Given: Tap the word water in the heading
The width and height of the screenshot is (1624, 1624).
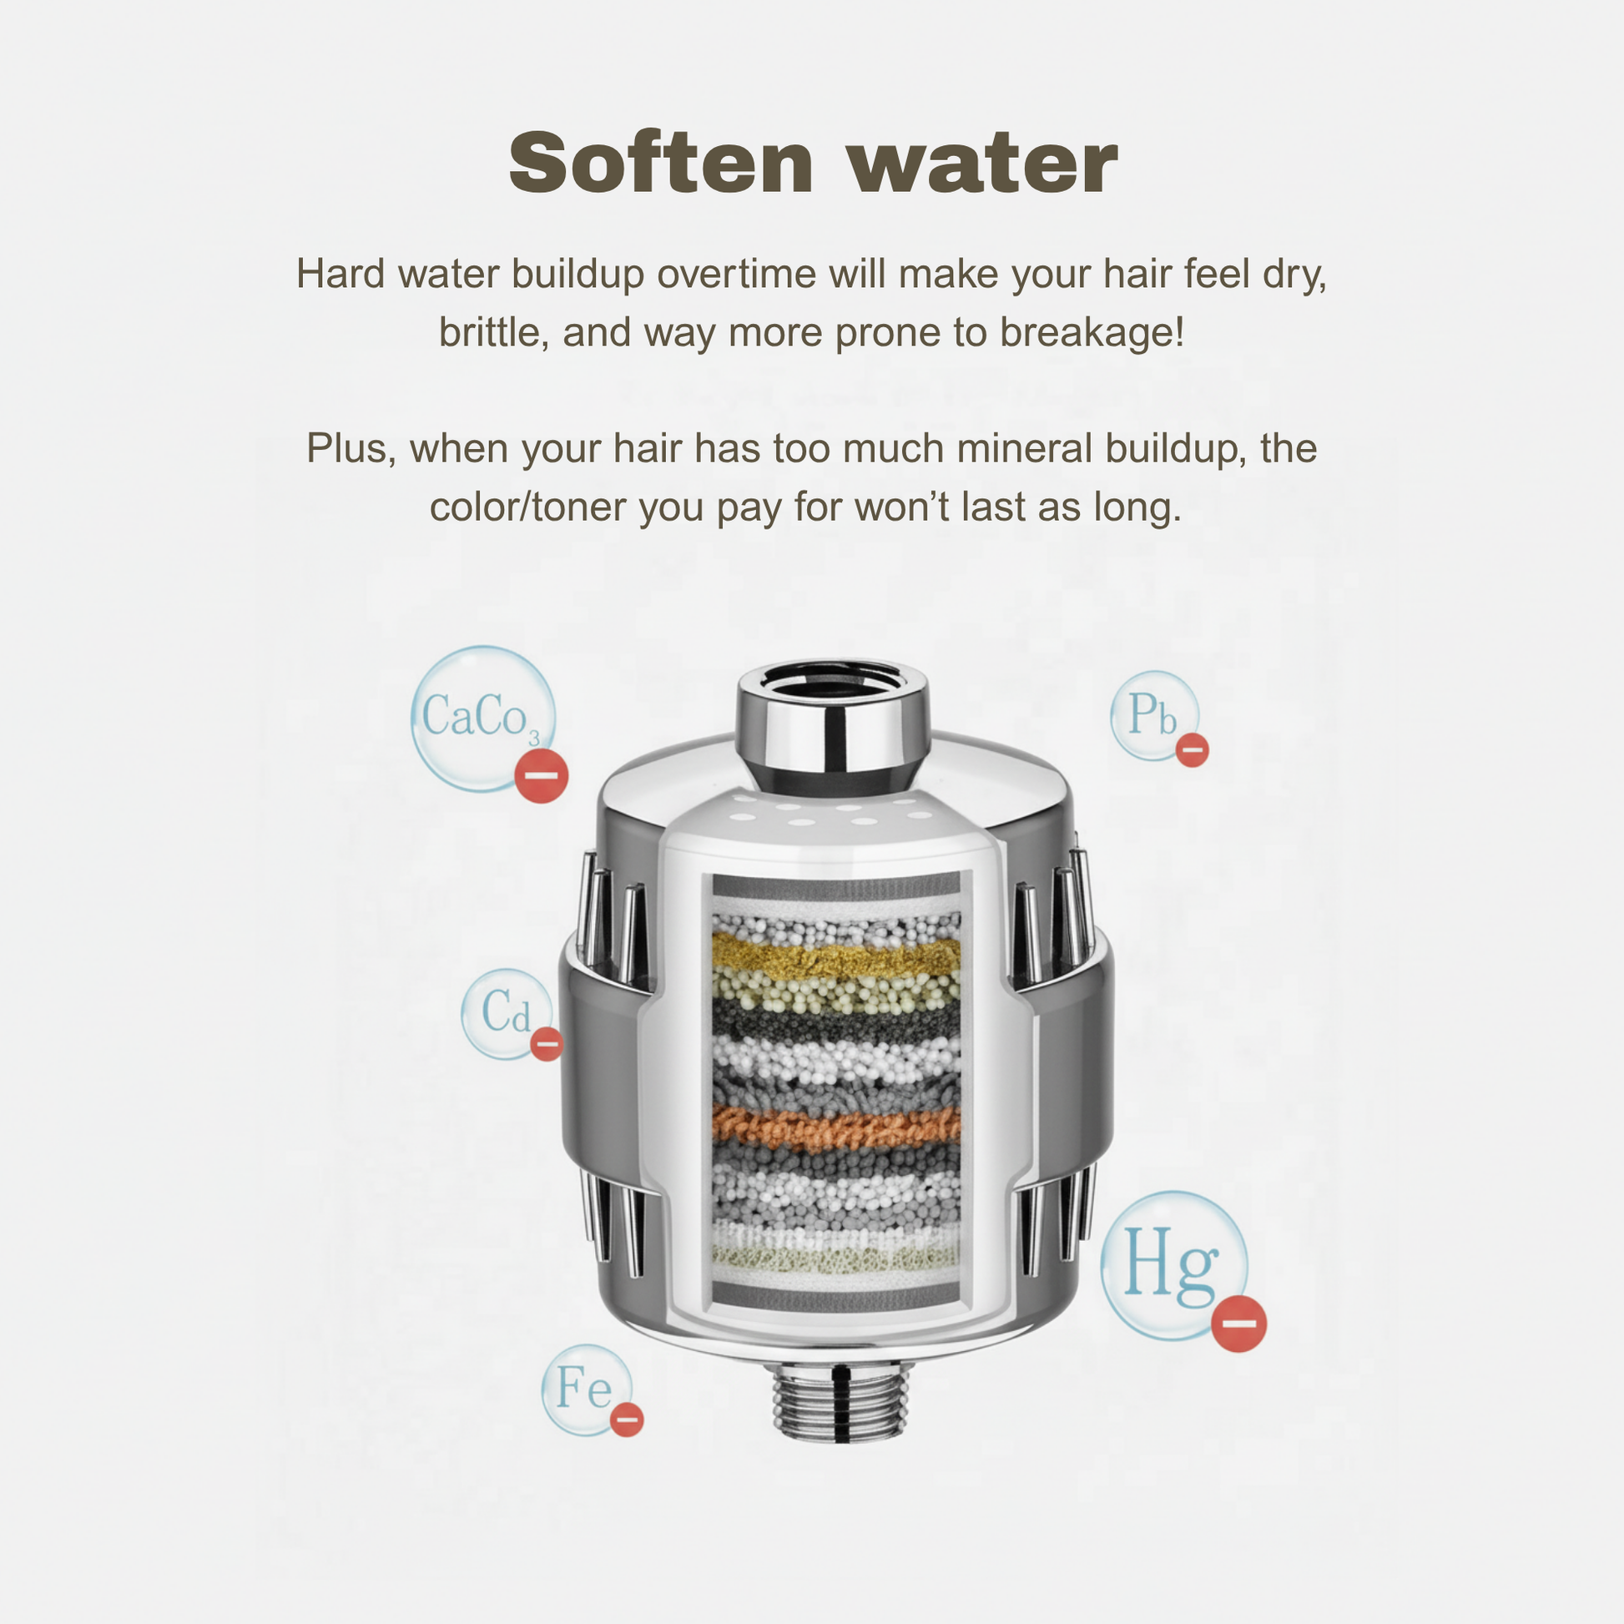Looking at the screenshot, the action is click(982, 164).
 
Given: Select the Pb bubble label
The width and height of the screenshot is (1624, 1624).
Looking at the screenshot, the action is click(1152, 714).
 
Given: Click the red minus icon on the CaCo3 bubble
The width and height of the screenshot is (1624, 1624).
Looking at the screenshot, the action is click(541, 775).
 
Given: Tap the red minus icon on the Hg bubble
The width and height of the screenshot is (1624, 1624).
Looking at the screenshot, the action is click(1238, 1324).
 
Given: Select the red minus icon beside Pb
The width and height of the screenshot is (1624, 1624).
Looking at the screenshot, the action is click(1191, 749).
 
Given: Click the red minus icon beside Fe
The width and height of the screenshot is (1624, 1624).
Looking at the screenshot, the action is click(626, 1420).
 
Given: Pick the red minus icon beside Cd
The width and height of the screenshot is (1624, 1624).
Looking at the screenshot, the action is click(547, 1044).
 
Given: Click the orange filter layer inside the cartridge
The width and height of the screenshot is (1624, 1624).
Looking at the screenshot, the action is click(836, 1127).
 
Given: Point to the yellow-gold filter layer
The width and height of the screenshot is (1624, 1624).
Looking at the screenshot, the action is click(836, 956).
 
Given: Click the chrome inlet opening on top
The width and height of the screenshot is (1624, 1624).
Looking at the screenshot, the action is click(833, 683).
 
